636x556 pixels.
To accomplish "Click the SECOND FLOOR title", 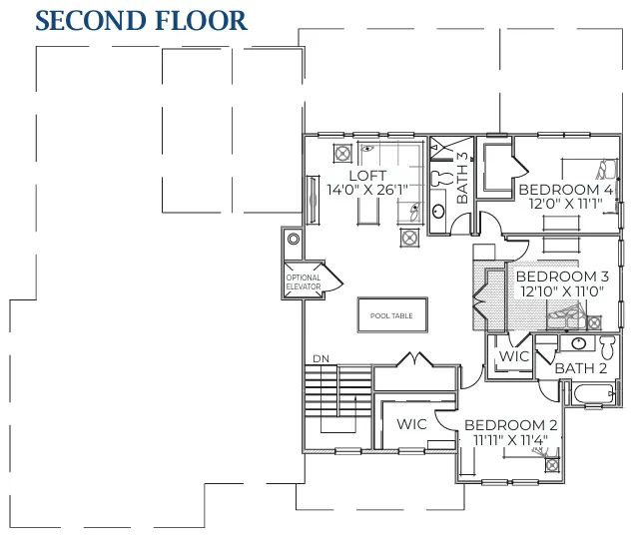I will coord(141,21).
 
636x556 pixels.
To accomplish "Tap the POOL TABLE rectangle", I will coord(391,315).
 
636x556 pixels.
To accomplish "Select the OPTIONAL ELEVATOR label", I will coord(304,281).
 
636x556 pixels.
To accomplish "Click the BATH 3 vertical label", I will coord(462,178).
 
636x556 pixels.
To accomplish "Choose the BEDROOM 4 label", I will coord(564,189).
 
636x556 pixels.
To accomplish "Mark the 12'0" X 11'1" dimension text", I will coord(564,203).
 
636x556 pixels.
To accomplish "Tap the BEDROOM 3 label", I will coord(562,277).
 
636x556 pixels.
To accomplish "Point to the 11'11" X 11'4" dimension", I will coord(510,438).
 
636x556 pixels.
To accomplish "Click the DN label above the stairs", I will coord(320,358).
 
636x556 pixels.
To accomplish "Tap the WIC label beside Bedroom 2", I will coord(411,424).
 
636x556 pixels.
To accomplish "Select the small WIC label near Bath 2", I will coord(513,356).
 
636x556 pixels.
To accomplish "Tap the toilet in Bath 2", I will coord(606,346).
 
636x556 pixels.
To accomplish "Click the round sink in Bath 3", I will coord(438,211).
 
